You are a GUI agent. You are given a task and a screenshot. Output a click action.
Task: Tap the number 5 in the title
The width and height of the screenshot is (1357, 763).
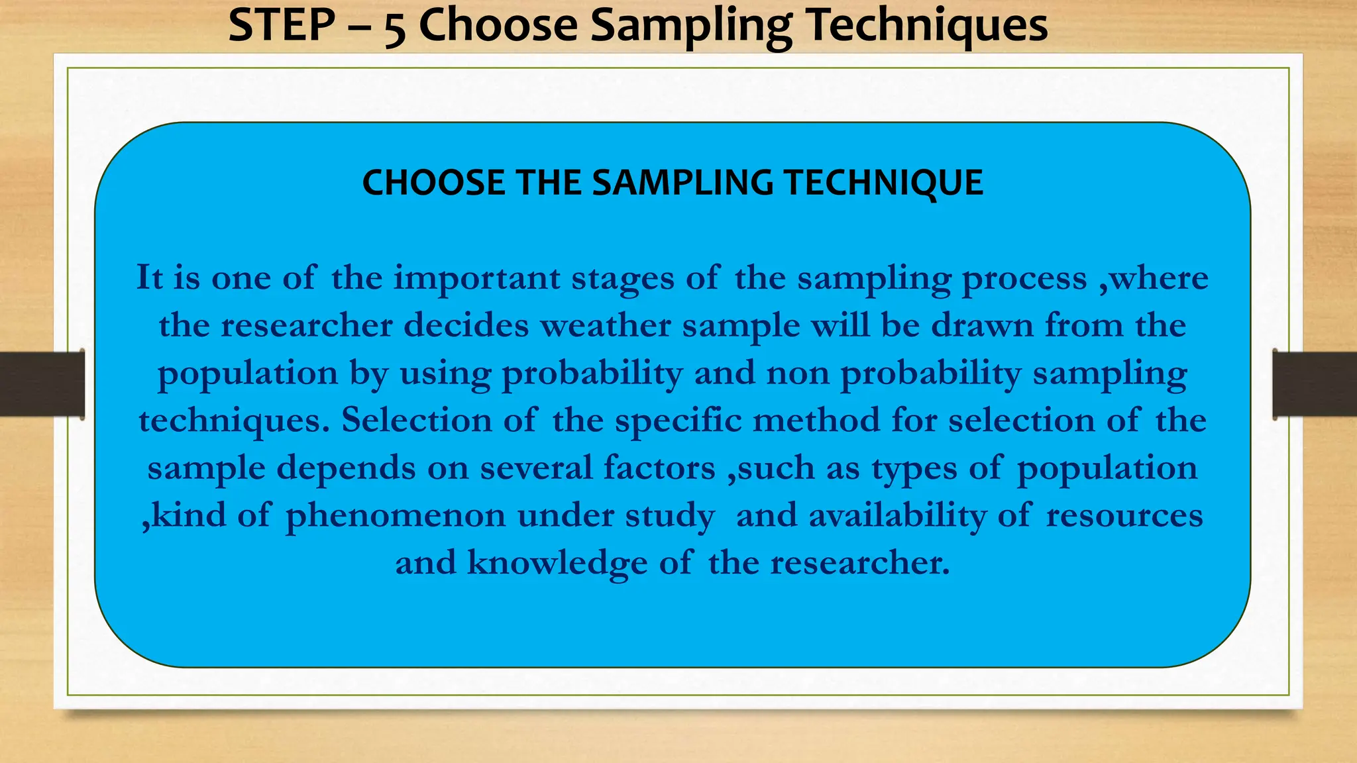pos(394,28)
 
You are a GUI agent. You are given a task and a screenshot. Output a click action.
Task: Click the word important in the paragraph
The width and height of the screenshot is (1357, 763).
pos(477,278)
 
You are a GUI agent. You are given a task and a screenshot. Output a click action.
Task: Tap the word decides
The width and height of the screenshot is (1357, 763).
pos(466,326)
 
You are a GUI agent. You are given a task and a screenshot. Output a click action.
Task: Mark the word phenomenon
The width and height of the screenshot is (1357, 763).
pos(396,516)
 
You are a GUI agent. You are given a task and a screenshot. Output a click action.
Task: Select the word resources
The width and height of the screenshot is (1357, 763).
pos(1124,516)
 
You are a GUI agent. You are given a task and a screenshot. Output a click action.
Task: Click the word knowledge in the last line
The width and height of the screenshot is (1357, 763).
pos(557,564)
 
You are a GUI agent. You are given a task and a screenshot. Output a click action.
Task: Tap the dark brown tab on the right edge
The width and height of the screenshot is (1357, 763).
pos(1315,384)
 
